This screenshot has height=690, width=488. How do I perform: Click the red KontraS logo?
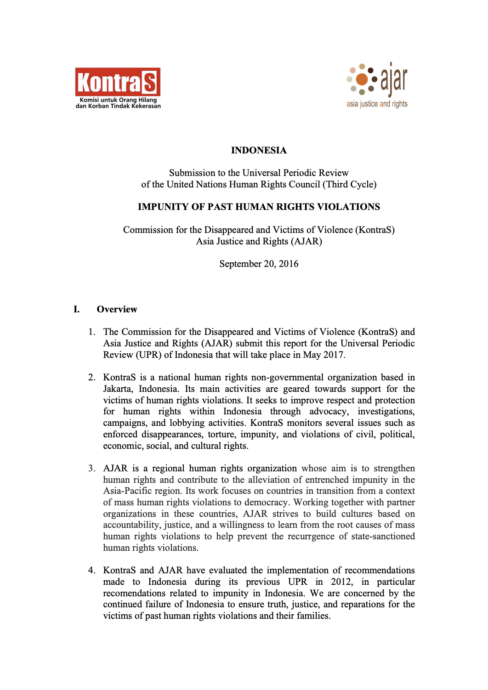pos(118,82)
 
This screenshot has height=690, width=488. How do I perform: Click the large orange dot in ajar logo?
pos(362,79)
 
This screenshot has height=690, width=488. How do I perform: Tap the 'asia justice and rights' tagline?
pos(377,104)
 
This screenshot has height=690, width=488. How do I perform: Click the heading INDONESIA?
pos(259,150)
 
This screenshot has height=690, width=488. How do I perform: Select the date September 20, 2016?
pos(259,264)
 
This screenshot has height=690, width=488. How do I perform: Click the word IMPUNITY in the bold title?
pos(163,207)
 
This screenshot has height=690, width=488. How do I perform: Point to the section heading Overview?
pos(117,309)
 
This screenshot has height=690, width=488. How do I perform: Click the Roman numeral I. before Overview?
pos(76,309)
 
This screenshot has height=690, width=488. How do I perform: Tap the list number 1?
pos(92,332)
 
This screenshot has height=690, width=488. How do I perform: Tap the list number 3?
pos(92,468)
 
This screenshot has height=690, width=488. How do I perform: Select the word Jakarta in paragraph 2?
pos(119,389)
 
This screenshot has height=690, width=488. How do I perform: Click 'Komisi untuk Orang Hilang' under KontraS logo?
pos(118,100)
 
